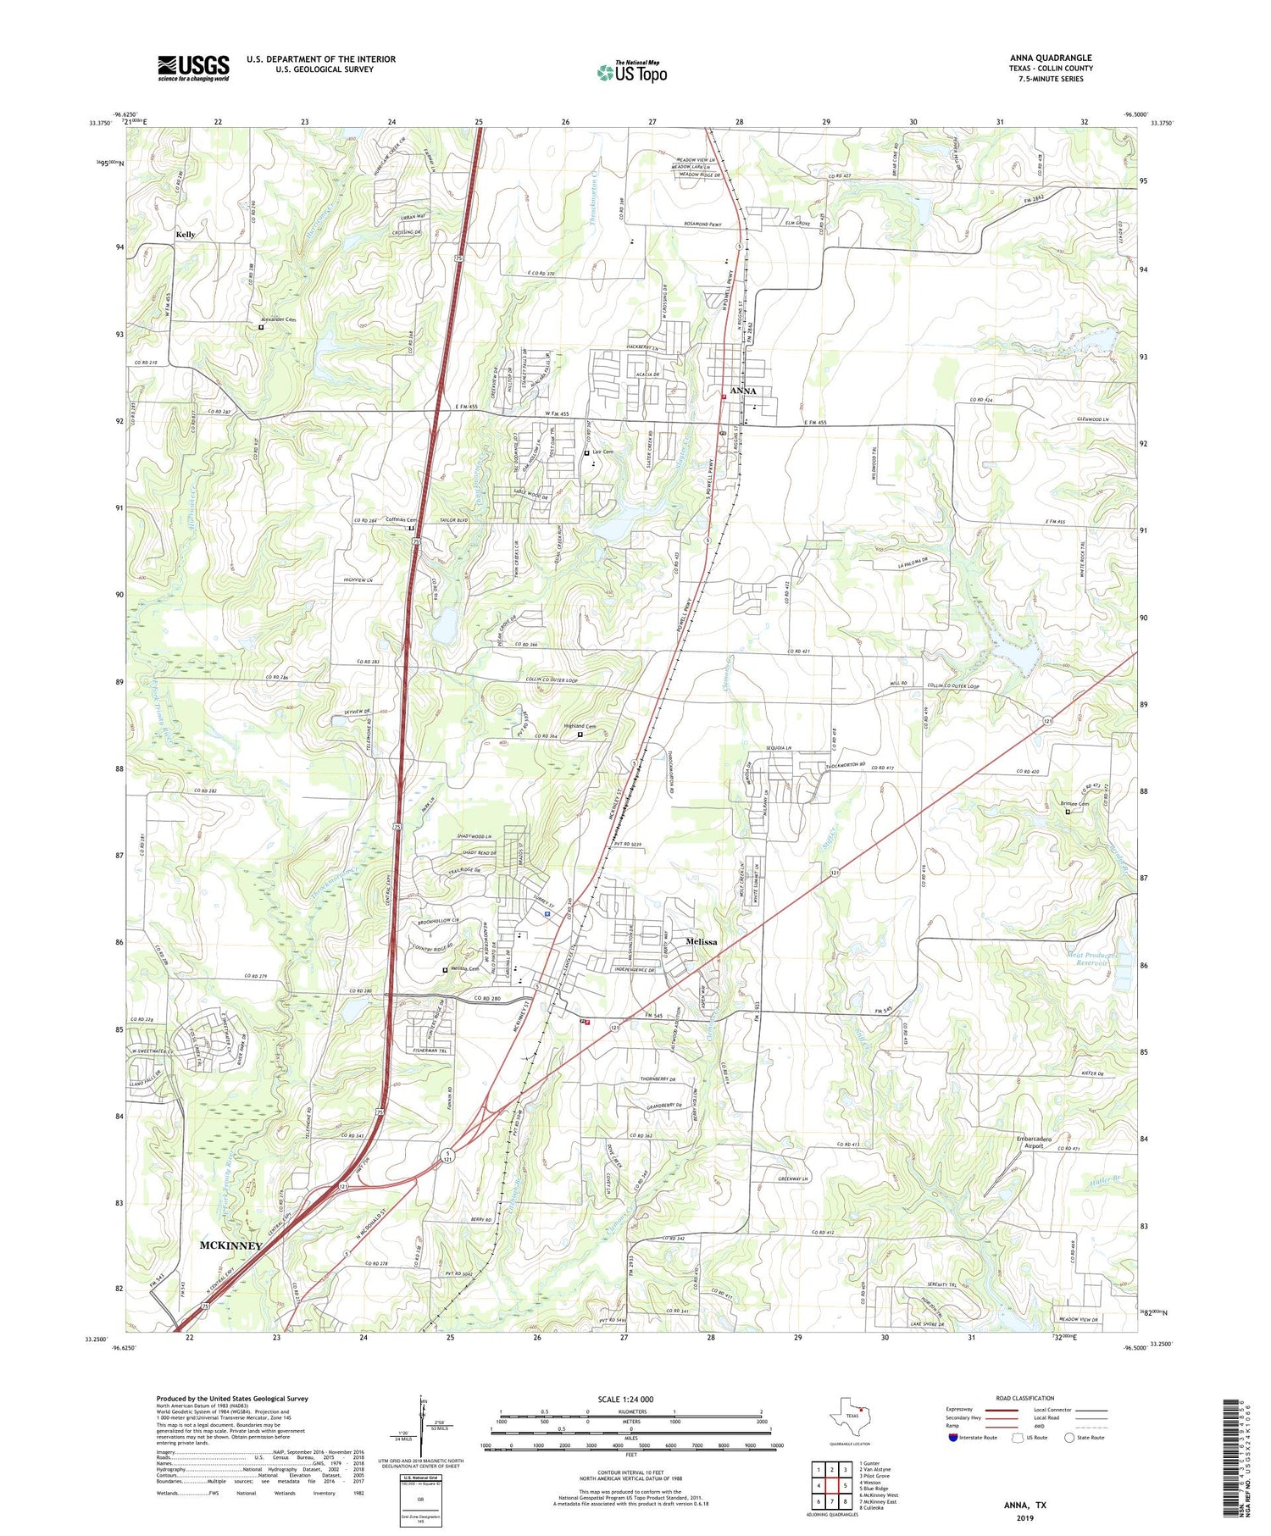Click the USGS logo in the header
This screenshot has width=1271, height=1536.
click(193, 68)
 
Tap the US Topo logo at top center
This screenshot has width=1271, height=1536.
click(632, 73)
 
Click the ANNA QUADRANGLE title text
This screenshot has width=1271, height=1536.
click(1051, 58)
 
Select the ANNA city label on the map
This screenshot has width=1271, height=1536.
click(742, 391)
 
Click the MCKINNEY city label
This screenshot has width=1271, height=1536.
click(230, 1245)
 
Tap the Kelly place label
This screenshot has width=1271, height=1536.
click(186, 235)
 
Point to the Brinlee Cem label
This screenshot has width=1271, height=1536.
click(1074, 804)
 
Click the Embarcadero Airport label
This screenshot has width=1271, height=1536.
click(1034, 1142)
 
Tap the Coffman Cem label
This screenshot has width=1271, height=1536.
click(402, 520)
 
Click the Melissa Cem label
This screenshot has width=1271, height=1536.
click(464, 969)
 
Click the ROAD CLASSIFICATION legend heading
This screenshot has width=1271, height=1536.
click(1025, 1398)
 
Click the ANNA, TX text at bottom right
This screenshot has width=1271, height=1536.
click(1024, 1505)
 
